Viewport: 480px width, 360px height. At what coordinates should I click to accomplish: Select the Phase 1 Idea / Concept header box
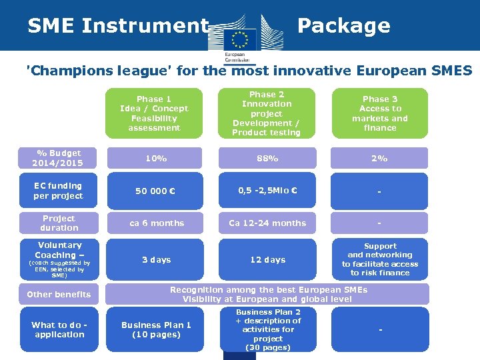pos(154,113)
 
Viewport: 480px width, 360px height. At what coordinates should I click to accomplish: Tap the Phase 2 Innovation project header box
pos(267,113)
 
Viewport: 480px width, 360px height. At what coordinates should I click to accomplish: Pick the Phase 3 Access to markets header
pos(380,113)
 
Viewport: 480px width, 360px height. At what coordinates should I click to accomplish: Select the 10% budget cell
pos(156,158)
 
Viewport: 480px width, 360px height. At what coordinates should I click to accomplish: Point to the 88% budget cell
pos(267,158)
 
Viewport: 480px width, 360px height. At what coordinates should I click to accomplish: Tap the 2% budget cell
pos(379,158)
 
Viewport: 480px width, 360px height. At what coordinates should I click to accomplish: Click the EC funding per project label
pos(59,191)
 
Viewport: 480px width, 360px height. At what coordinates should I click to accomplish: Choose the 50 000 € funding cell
pos(156,191)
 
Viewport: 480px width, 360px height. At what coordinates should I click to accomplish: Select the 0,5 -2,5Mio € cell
pos(267,191)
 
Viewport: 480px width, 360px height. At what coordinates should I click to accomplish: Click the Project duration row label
pos(59,223)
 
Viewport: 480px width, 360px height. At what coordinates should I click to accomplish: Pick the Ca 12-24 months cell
pos(267,223)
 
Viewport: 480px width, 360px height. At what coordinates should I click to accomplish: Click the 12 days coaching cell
pos(267,259)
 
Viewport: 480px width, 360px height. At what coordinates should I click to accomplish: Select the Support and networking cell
pos(380,259)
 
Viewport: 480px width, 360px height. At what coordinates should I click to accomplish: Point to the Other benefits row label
pos(59,294)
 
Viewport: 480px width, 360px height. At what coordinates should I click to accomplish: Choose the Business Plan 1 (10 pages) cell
pos(156,329)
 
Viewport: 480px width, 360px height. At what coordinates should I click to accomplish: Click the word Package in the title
pos(343,25)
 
